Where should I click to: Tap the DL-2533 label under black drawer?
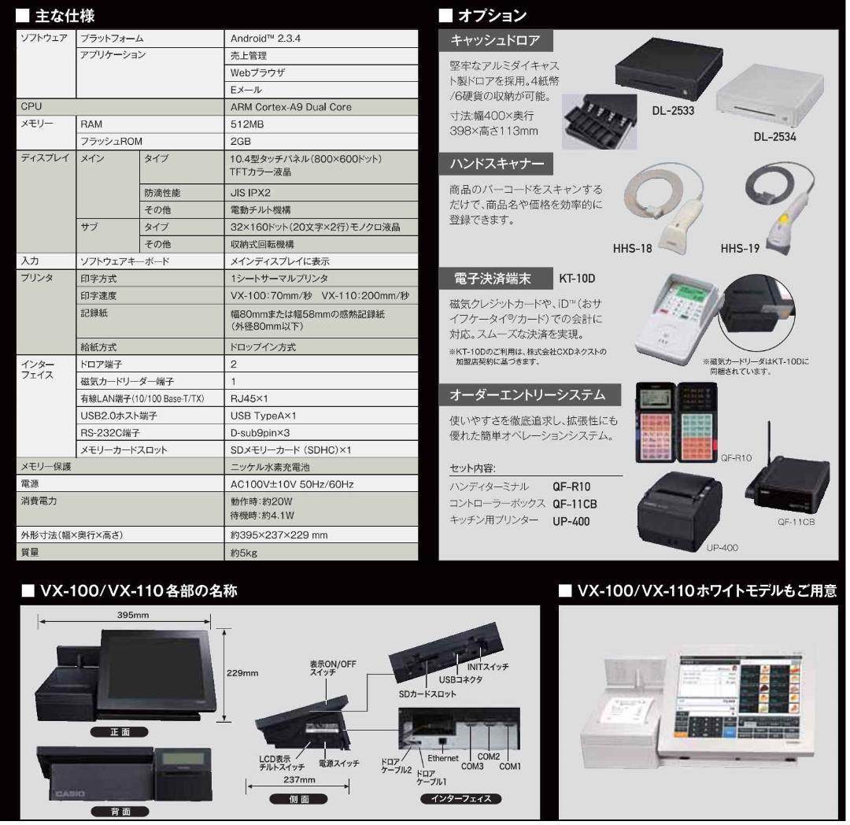click(x=673, y=111)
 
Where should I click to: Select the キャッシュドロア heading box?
click(x=495, y=40)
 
